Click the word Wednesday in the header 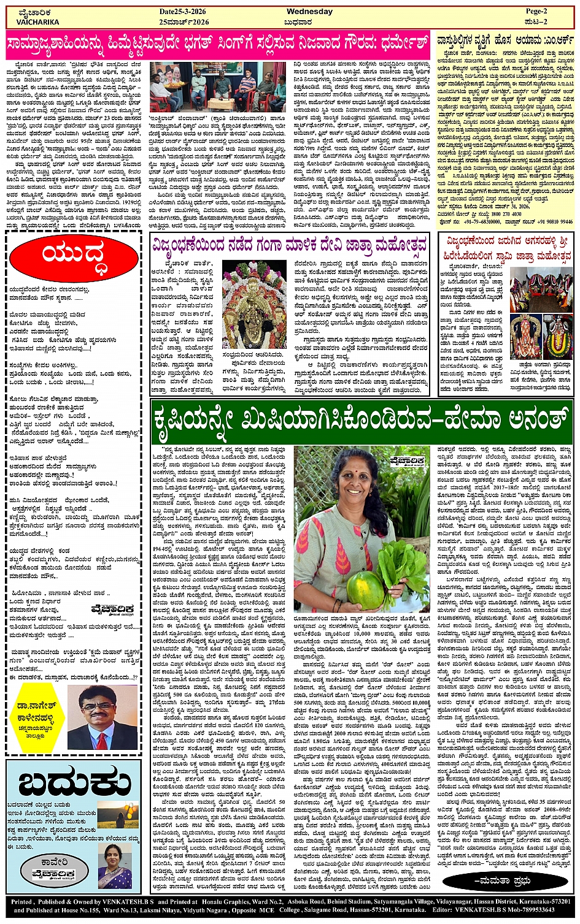(309, 12)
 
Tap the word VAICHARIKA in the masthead (38, 22)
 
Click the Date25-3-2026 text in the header (184, 12)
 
